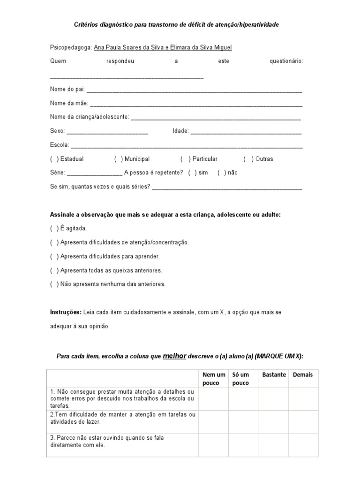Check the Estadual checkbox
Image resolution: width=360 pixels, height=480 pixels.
click(54, 159)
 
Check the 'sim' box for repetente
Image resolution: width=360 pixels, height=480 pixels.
click(192, 172)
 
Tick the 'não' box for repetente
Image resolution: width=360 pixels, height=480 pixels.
click(222, 172)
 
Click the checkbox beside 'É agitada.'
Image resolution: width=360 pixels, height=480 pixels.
click(54, 228)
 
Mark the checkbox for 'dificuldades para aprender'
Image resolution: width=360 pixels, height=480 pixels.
click(54, 256)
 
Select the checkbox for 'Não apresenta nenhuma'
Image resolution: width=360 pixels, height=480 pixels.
click(54, 284)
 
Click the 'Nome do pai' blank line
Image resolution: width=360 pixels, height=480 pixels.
click(194, 90)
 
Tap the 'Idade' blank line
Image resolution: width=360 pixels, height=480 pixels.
click(246, 132)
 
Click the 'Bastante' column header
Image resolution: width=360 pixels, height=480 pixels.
click(274, 375)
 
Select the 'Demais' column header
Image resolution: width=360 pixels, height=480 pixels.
click(303, 375)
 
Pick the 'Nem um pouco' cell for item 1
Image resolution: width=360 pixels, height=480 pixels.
click(213, 399)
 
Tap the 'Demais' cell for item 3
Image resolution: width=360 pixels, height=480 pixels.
click(303, 444)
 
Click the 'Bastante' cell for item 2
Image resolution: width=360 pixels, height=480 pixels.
click(273, 421)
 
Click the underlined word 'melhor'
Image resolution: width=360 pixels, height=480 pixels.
click(175, 356)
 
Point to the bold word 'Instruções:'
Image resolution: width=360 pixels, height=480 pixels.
click(66, 312)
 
